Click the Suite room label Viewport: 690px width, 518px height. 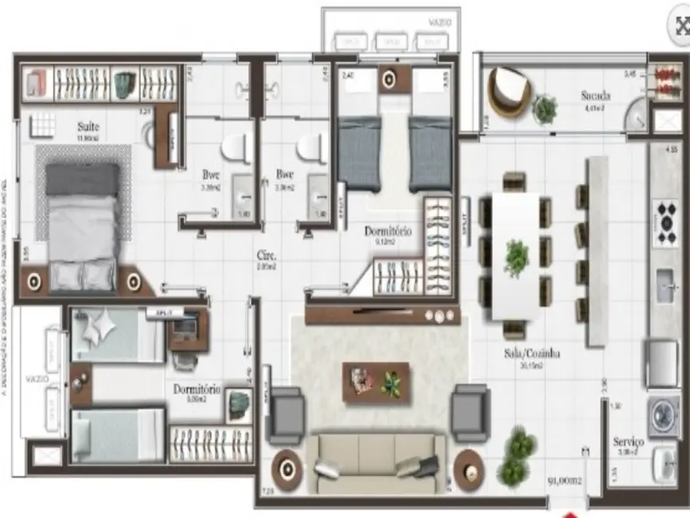[88, 126]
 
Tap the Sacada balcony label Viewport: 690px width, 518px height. [596, 97]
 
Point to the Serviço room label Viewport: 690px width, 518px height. [629, 441]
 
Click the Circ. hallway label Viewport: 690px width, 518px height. [265, 257]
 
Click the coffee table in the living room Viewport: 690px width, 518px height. [376, 381]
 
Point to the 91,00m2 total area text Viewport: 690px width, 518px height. [563, 482]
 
